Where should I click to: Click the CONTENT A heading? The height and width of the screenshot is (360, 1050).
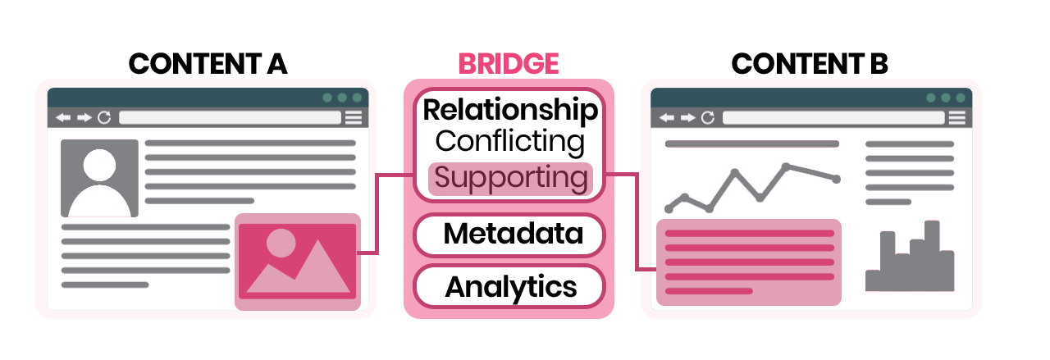point(208,64)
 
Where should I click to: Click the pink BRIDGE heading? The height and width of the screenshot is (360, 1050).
point(509,64)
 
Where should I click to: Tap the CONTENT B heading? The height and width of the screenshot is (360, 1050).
point(810,64)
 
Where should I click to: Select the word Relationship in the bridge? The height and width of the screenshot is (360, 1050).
point(510,110)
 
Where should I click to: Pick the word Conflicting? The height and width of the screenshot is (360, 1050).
point(510,141)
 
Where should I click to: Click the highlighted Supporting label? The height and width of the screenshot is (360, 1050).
point(510,178)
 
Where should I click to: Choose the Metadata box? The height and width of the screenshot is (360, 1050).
point(510,235)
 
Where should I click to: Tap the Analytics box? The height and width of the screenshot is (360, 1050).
point(510,287)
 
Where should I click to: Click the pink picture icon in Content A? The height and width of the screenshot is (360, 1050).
point(297,262)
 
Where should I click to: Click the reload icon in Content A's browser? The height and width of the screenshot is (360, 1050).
point(104,118)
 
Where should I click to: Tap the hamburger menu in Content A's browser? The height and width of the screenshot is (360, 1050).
point(354,118)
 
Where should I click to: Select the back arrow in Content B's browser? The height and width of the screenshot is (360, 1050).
point(666,118)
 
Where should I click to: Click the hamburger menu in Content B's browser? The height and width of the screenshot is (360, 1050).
point(956,118)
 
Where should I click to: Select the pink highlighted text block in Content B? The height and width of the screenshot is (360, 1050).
point(749,262)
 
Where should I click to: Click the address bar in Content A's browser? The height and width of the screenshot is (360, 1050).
point(230,118)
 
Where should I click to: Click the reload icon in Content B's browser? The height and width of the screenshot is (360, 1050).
point(707,118)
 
